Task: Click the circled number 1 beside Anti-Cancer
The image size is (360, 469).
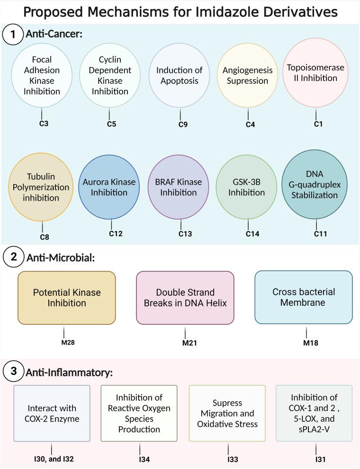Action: coord(12,35)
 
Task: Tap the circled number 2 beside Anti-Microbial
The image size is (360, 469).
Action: coord(12,258)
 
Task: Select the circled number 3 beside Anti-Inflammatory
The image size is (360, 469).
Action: coord(12,372)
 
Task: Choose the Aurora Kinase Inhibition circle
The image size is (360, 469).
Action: coord(109,187)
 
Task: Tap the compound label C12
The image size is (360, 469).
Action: coord(114,234)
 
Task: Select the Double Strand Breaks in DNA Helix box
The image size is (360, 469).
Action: coord(185,298)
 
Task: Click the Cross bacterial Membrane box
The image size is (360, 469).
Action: coord(304,297)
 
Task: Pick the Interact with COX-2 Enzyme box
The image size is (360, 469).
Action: coord(52,413)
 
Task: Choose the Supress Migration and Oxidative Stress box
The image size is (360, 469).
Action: coord(228,413)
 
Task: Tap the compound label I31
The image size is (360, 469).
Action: coord(315,459)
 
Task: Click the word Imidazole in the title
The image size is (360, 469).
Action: coord(228,11)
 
